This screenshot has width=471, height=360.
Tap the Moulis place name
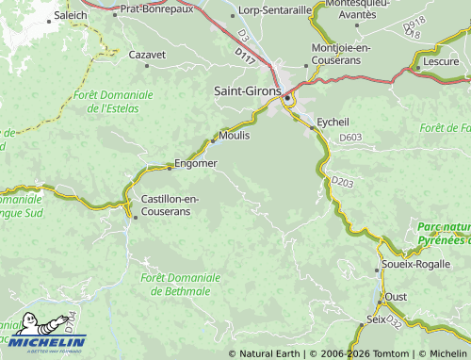235,136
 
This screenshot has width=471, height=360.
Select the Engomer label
196,163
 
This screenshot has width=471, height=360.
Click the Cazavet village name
146,55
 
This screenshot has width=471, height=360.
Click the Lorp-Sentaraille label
275,10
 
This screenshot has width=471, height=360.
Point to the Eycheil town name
333,123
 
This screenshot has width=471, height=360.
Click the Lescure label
442,61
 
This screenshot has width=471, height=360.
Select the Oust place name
396,297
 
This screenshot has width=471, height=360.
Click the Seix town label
376,319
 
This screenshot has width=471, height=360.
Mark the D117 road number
245,58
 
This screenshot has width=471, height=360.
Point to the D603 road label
350,138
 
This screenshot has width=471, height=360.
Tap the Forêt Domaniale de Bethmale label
180,284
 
